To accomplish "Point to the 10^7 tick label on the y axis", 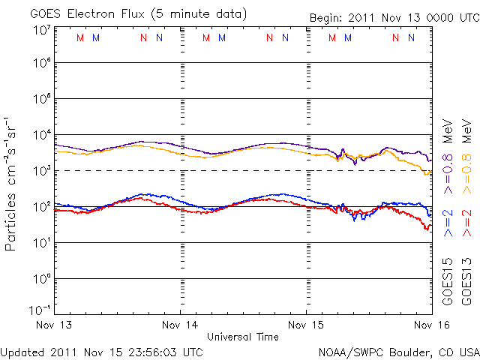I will [41, 29].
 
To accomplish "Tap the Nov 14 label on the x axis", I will [180, 325].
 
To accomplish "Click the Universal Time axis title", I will [243, 337].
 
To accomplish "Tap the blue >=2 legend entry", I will [448, 223].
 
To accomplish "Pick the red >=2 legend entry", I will [466, 223].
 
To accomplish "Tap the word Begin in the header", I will [325, 17].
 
